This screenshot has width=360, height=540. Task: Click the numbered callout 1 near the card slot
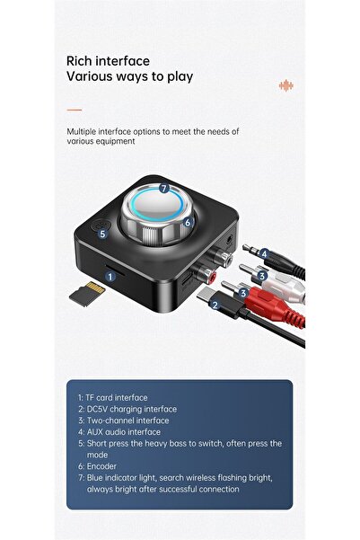click(x=110, y=277)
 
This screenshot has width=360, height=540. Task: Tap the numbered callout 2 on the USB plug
click(x=215, y=305)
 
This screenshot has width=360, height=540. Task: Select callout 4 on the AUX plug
click(x=264, y=254)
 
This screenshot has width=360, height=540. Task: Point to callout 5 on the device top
click(x=102, y=235)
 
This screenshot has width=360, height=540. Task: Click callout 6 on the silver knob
click(x=188, y=223)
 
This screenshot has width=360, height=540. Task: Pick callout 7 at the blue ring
click(x=164, y=189)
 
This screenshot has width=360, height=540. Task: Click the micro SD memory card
click(x=87, y=294)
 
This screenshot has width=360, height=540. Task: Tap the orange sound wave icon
click(x=286, y=85)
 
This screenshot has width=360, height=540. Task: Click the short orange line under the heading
click(x=75, y=110)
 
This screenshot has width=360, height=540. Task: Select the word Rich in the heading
click(x=80, y=61)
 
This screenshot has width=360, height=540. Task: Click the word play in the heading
click(x=180, y=76)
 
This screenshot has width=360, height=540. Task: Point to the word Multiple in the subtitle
click(x=82, y=131)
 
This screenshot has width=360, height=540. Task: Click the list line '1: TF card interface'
click(x=113, y=397)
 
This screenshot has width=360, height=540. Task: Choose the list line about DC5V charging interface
click(x=127, y=409)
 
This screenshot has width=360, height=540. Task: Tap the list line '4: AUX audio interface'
click(x=119, y=432)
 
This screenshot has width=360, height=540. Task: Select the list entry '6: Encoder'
click(x=97, y=466)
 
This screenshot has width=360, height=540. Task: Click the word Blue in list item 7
click(x=94, y=478)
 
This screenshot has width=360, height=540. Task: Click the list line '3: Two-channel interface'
click(x=124, y=420)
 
